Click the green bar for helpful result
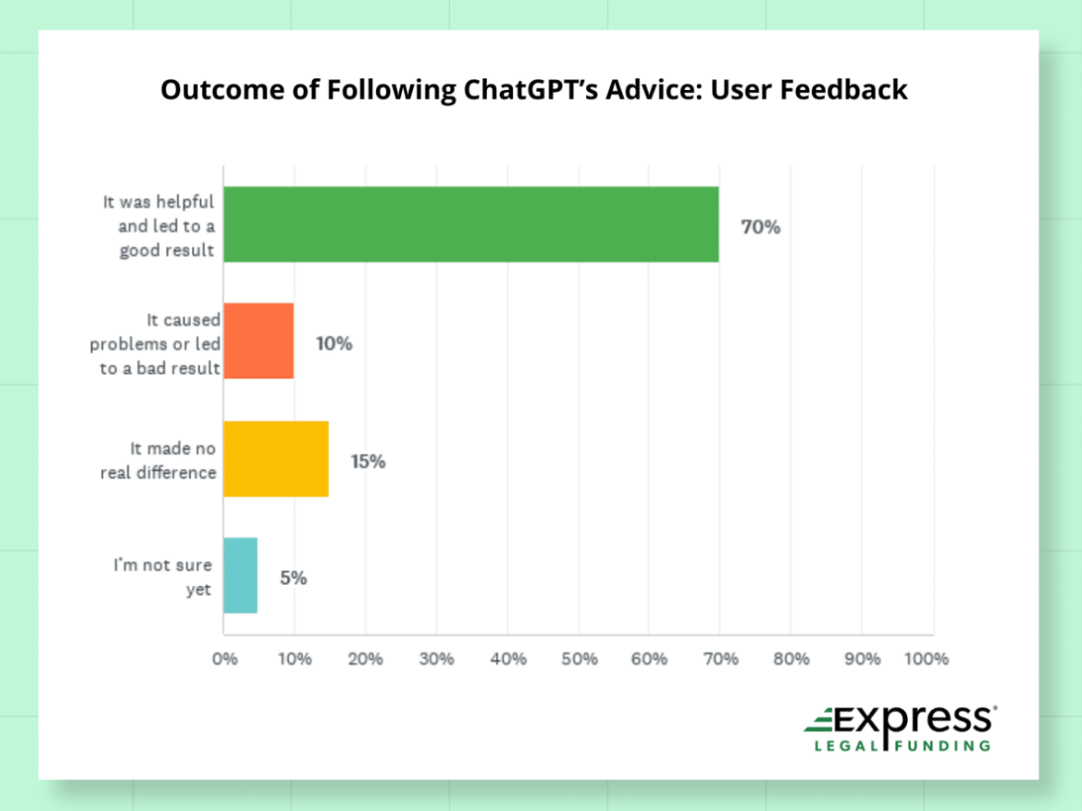click(471, 224)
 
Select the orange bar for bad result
click(259, 341)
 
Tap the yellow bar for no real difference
click(276, 459)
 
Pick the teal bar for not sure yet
click(241, 576)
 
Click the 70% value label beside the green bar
click(760, 227)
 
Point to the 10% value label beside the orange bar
click(334, 343)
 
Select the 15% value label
click(368, 461)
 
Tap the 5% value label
click(293, 579)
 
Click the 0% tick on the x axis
click(225, 659)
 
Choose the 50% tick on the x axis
click(579, 659)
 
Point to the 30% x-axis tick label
click(437, 659)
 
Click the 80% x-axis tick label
click(792, 659)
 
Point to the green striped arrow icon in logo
click(821, 722)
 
